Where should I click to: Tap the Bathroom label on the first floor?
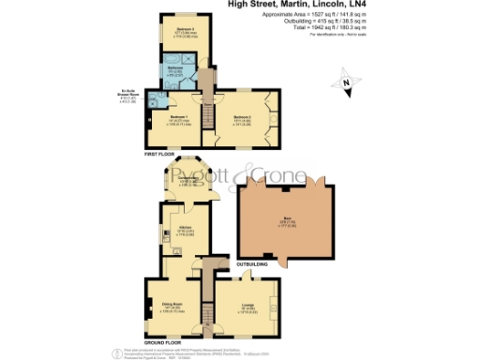(174, 68)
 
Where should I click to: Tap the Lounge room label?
(249, 306)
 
